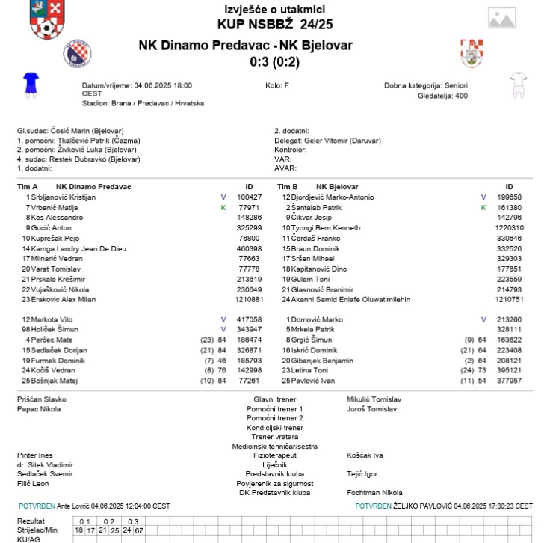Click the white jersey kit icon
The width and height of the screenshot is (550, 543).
pos(518,85)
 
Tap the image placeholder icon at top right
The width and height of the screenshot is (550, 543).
pos(501,19)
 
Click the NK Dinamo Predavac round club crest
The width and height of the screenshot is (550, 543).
pos(78,53)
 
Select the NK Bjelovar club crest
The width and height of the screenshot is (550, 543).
pos(473,53)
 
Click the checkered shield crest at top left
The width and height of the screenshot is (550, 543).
pos(47,20)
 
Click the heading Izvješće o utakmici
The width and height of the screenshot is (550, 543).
pos(274,9)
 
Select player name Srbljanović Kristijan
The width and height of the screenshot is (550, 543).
pos(63,197)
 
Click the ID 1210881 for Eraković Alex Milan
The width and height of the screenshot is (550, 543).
pos(249,299)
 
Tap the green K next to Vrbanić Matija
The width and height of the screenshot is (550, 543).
pos(223,207)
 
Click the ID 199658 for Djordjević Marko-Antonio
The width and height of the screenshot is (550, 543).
pos(509,197)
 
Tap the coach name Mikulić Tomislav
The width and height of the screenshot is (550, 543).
pos(374,399)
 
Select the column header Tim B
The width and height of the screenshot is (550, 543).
pos(288,186)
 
